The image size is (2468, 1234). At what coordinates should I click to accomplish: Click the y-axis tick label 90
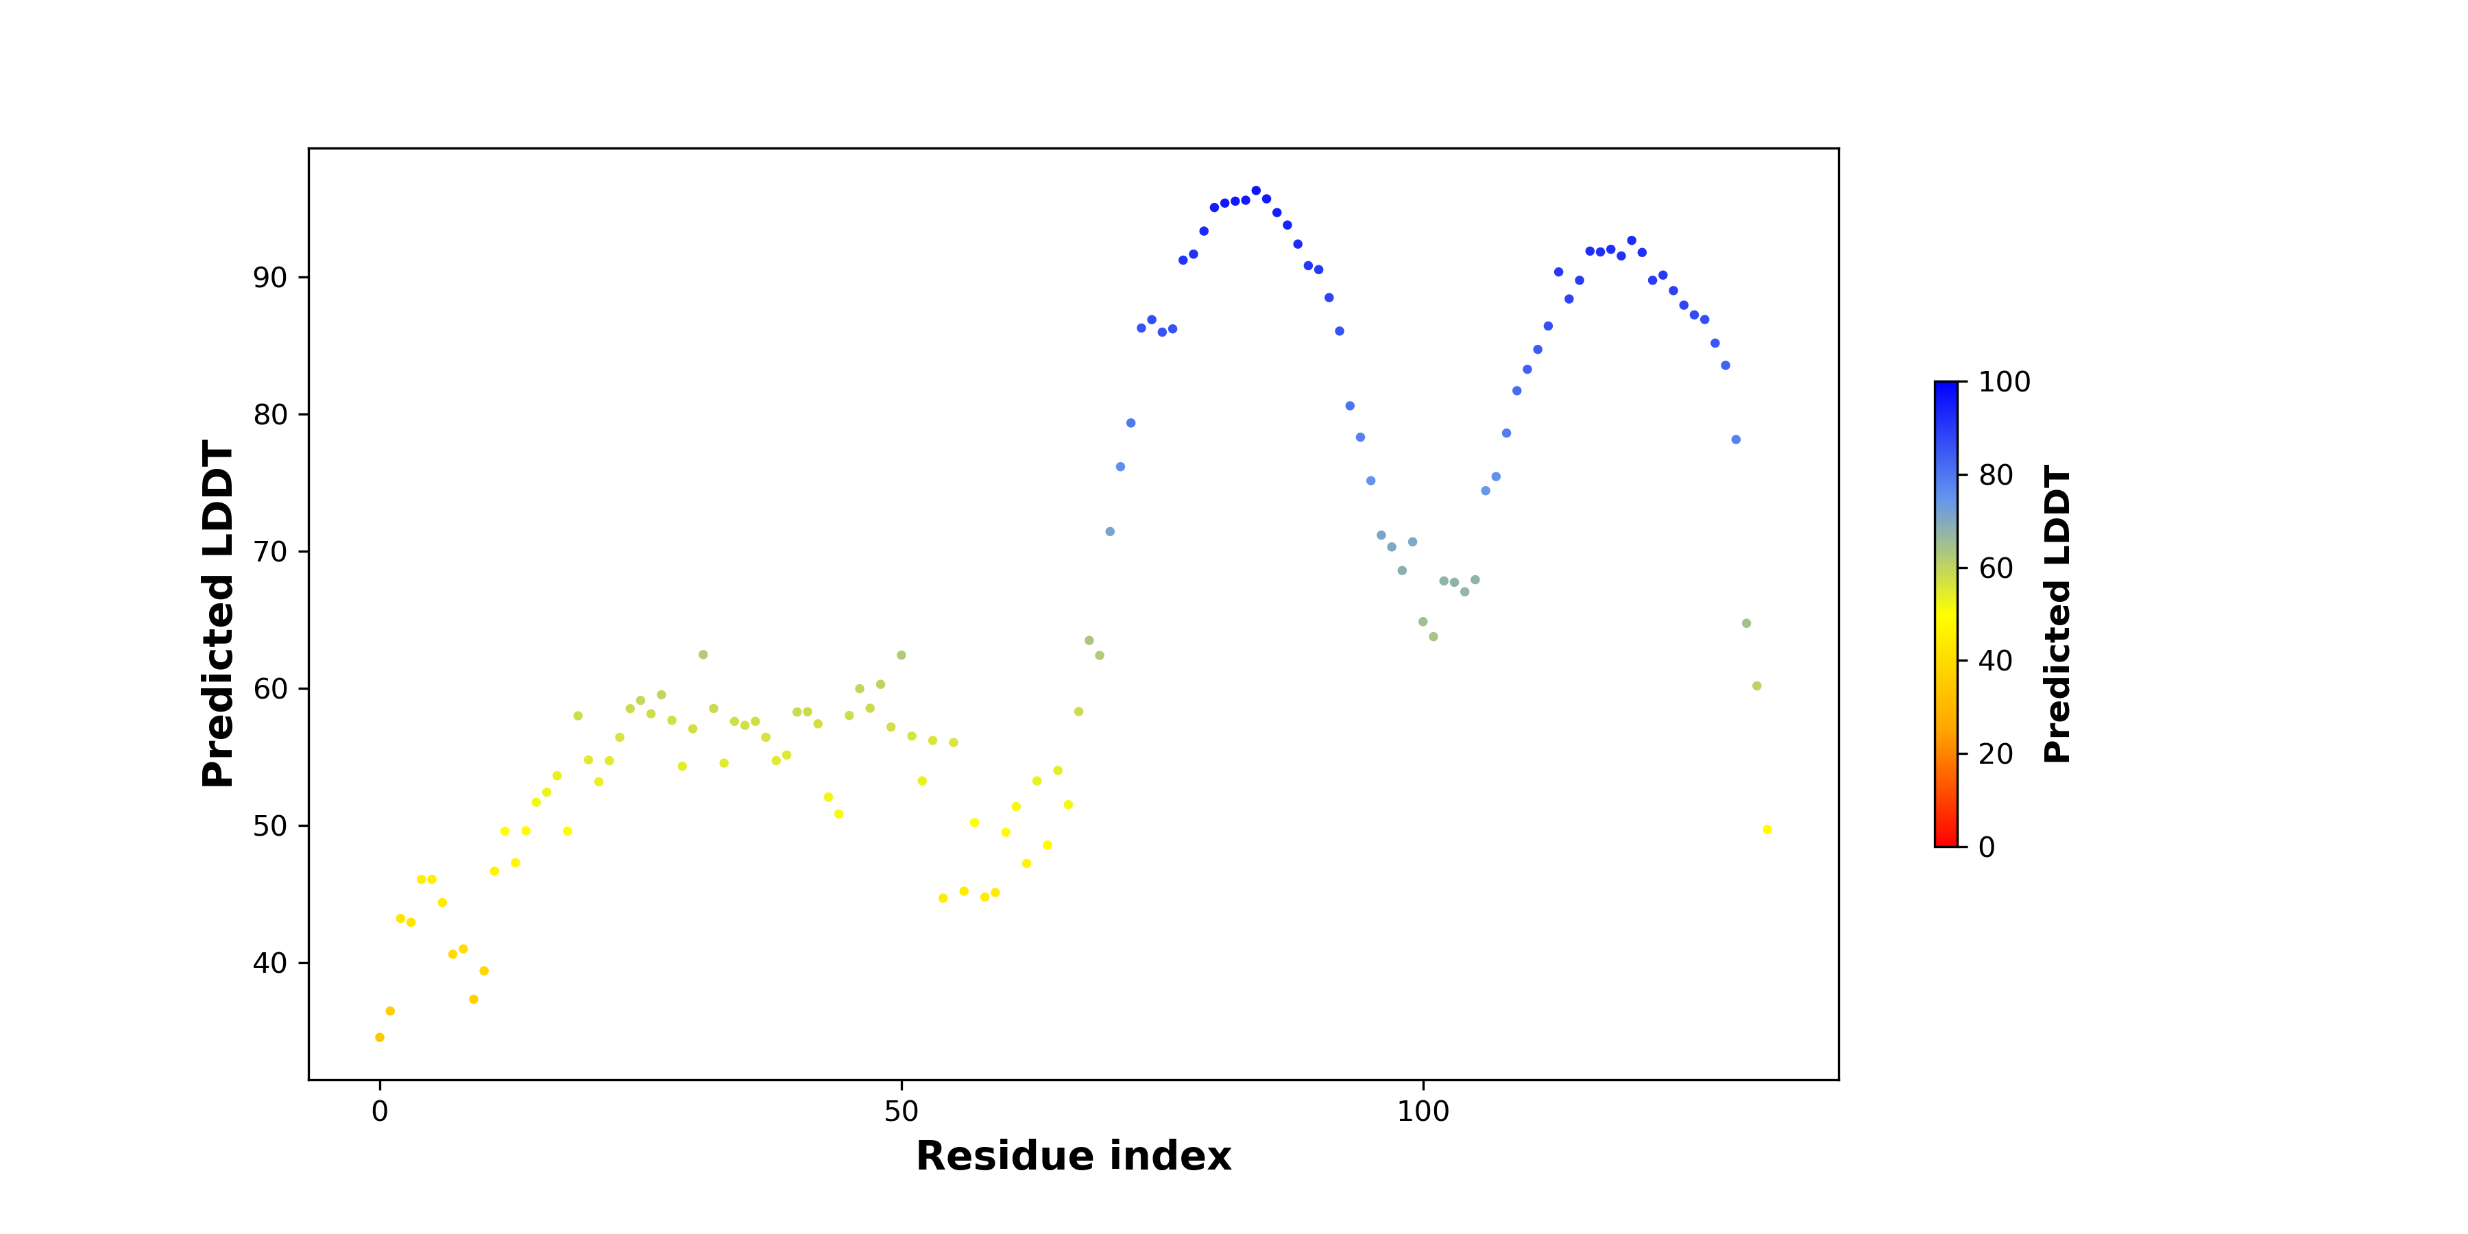click(269, 278)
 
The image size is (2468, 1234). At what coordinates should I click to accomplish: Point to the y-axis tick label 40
click(269, 963)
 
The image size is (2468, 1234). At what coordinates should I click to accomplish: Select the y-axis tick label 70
click(269, 552)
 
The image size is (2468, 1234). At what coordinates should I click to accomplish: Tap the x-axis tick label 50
click(901, 1111)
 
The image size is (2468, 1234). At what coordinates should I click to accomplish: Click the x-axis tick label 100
click(1423, 1111)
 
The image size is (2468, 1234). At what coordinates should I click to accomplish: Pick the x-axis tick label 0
click(379, 1111)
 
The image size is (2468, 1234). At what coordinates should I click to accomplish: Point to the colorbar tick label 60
click(1996, 568)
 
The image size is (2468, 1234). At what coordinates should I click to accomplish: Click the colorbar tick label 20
click(1996, 754)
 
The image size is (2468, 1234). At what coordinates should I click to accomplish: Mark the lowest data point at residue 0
click(379, 1038)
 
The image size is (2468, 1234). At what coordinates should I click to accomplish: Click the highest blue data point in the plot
click(1256, 191)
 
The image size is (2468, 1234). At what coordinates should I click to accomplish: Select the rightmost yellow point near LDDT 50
click(1767, 830)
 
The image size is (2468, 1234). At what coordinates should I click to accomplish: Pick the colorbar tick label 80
click(1996, 475)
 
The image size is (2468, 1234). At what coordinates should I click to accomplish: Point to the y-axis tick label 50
click(269, 826)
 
